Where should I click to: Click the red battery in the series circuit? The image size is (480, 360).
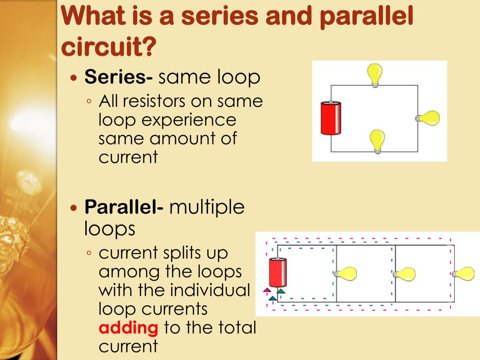(x=330, y=118)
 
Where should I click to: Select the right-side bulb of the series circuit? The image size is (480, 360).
(x=429, y=118)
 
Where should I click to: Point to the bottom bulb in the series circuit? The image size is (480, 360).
(x=377, y=141)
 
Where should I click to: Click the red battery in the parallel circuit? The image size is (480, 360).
(x=278, y=273)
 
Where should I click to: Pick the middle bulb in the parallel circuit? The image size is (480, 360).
(x=405, y=274)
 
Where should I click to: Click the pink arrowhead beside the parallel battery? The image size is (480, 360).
(x=267, y=290)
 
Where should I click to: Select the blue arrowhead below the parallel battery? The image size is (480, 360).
(x=272, y=298)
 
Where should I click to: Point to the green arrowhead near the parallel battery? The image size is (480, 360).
(x=281, y=291)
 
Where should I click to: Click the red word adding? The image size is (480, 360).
(x=128, y=328)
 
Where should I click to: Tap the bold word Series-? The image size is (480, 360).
(x=118, y=77)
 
